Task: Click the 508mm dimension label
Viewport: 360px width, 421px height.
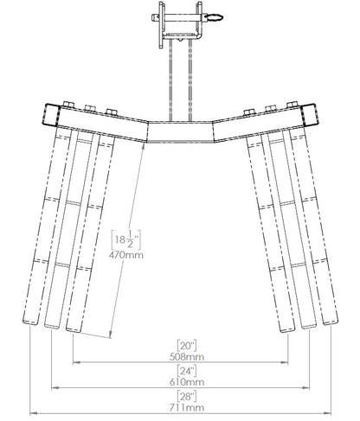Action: pyautogui.click(x=187, y=357)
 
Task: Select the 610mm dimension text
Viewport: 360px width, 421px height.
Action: pyautogui.click(x=187, y=382)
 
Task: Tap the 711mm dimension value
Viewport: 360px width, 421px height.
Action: pyautogui.click(x=187, y=407)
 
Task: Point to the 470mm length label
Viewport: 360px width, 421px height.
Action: pyautogui.click(x=126, y=255)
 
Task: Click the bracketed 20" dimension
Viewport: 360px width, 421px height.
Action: pyautogui.click(x=187, y=345)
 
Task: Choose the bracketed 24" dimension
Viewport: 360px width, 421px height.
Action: pyautogui.click(x=187, y=371)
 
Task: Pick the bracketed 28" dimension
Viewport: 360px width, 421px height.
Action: pyautogui.click(x=187, y=396)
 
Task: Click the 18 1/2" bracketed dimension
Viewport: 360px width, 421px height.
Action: pyautogui.click(x=126, y=240)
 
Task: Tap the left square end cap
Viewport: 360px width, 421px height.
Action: pyautogui.click(x=51, y=115)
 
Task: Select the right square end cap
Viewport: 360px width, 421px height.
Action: pyautogui.click(x=309, y=115)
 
